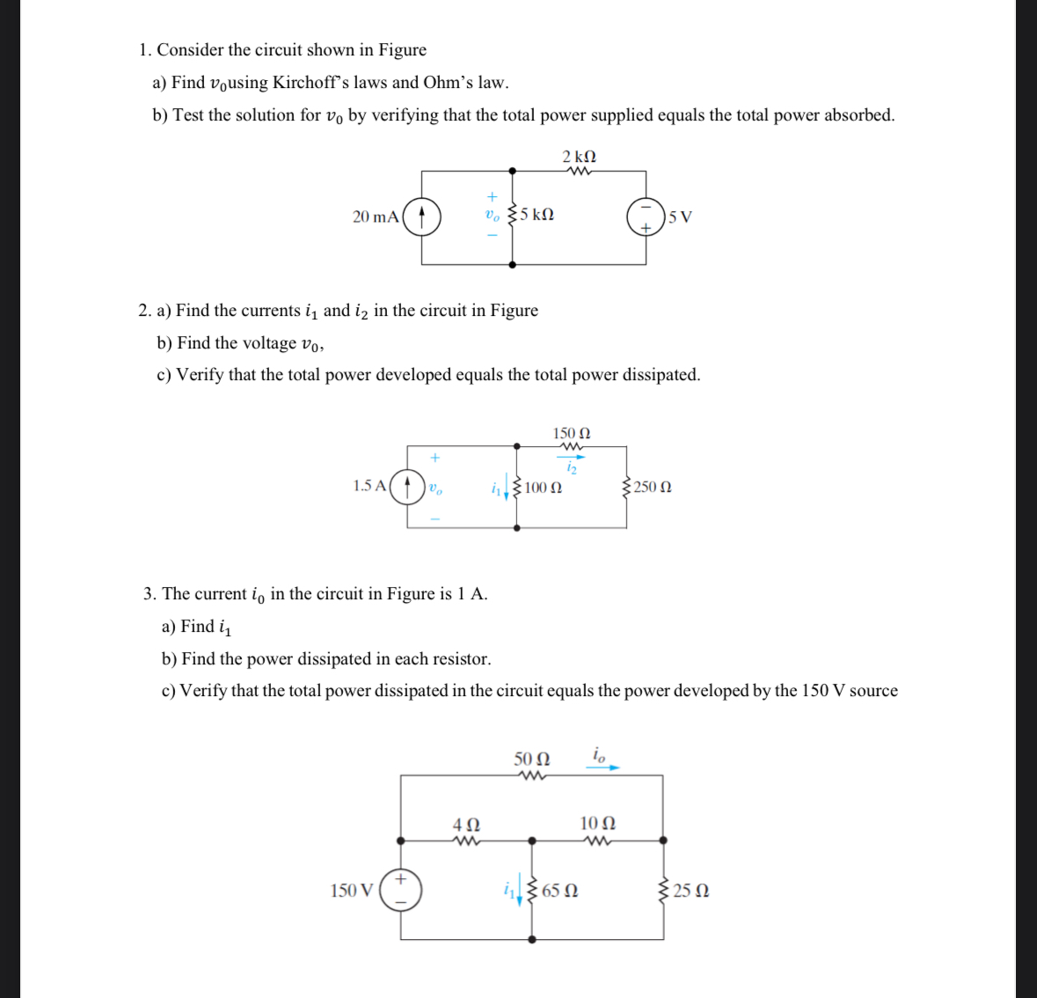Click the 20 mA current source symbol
(422, 216)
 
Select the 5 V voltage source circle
(646, 216)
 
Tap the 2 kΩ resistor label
(580, 157)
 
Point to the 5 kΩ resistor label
(537, 215)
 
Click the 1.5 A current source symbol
(407, 486)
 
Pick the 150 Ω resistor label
(572, 433)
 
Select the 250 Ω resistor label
(652, 487)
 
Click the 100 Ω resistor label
(544, 487)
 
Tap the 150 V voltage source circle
(400, 890)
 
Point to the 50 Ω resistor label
(532, 759)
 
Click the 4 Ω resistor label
(466, 825)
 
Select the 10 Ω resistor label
(598, 823)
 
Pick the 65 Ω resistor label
(560, 891)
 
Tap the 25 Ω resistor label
(691, 891)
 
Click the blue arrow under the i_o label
(602, 767)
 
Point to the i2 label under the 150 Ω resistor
(572, 468)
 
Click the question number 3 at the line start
(150, 594)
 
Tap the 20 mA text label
(376, 216)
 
